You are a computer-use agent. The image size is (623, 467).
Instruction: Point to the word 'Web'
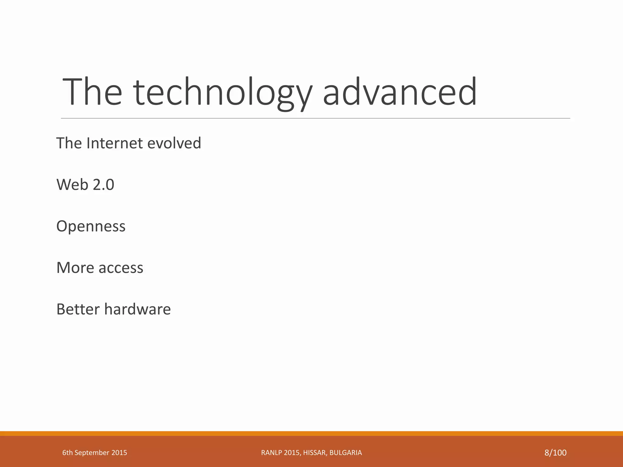coord(72,185)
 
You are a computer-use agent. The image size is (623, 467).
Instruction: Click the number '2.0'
coord(103,185)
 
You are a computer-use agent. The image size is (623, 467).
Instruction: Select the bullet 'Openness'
coord(91,226)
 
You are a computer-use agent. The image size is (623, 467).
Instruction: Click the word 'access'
coord(121,268)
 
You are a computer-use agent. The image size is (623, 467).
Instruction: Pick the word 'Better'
coord(78,309)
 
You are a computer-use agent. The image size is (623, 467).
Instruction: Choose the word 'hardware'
coord(137,309)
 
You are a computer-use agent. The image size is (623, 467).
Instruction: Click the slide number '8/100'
coord(555,453)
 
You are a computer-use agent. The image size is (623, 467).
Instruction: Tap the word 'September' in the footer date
coord(92,453)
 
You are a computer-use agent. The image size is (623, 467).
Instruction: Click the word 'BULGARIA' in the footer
coord(346,453)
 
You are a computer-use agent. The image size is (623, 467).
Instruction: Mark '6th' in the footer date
coord(68,453)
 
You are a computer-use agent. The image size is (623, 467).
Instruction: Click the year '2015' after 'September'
coord(119,453)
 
